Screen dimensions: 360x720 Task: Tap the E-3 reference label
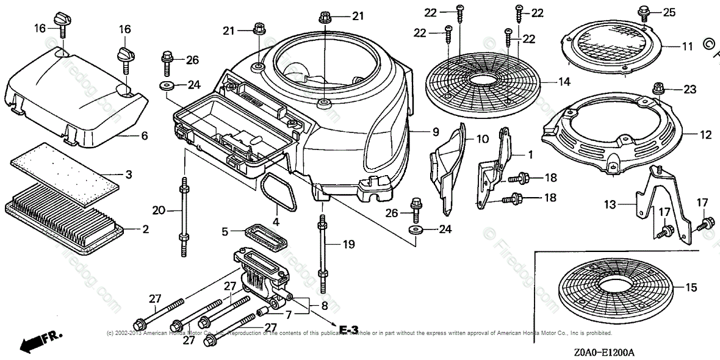coord(349,329)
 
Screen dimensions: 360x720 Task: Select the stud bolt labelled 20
coord(184,211)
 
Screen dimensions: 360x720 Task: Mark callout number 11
coord(687,46)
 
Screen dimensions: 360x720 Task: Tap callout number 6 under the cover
coord(144,135)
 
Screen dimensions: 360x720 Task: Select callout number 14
coord(563,81)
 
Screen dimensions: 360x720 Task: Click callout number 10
coord(482,139)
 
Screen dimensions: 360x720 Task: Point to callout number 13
coord(627,204)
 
